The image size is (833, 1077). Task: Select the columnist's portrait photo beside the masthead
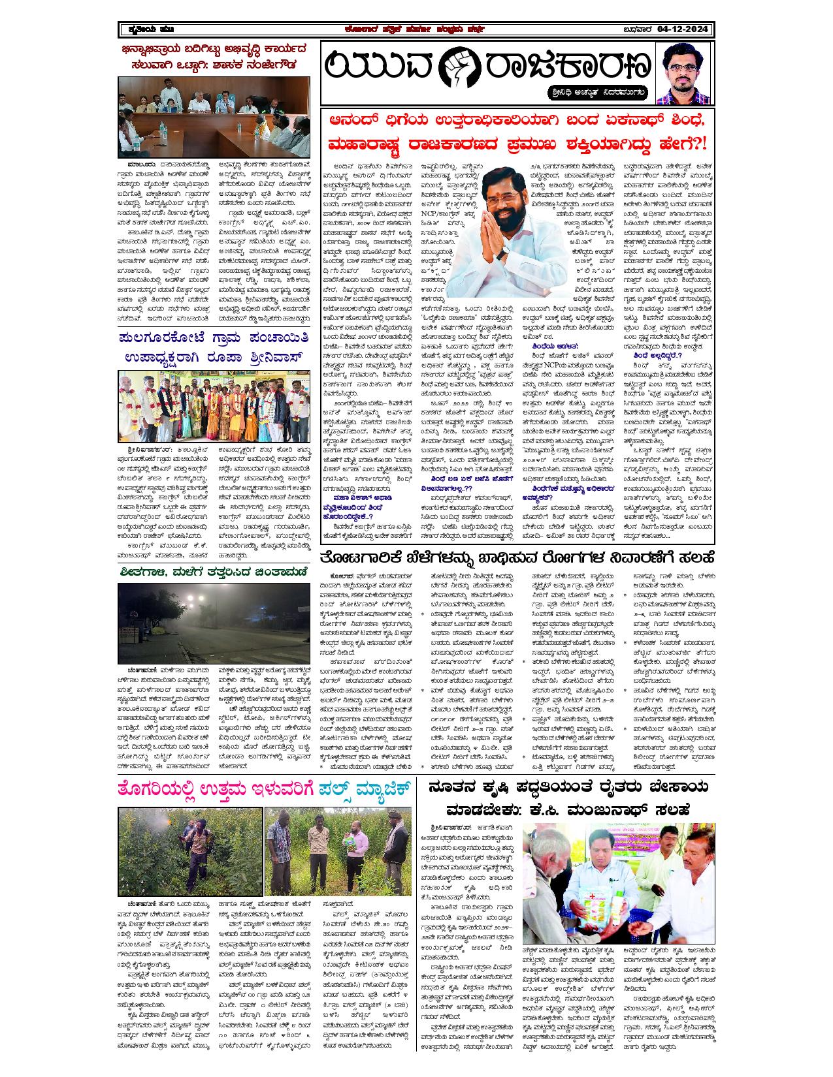(683, 73)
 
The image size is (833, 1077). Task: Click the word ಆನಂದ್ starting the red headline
(355, 122)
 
